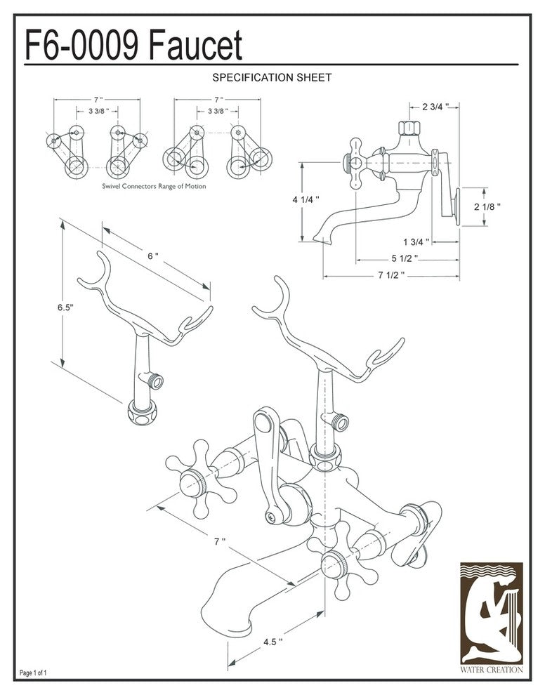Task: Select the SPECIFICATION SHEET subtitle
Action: point(272,78)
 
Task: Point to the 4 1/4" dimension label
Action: point(306,199)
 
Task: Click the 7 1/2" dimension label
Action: point(390,275)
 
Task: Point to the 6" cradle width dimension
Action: point(153,256)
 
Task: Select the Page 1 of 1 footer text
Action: point(34,673)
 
